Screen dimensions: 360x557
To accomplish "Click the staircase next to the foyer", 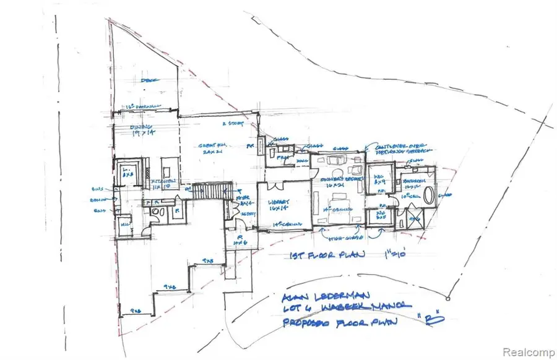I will [213, 191].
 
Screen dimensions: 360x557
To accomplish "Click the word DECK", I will [146, 80].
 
